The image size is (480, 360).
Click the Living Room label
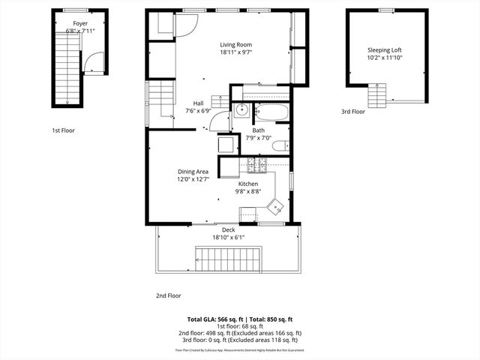point(235,44)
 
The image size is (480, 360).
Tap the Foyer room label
point(79,23)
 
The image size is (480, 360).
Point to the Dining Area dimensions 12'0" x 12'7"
point(193,179)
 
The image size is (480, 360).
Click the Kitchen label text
point(248,184)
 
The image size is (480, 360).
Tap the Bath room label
point(258,130)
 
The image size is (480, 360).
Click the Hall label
point(198,103)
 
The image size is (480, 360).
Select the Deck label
point(228,229)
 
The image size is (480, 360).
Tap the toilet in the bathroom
point(279,147)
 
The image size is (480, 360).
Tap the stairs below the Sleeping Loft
point(376,96)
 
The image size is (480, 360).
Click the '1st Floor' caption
point(63,130)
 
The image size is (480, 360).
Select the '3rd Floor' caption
point(352,112)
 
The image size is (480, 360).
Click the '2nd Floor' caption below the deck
point(168,295)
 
